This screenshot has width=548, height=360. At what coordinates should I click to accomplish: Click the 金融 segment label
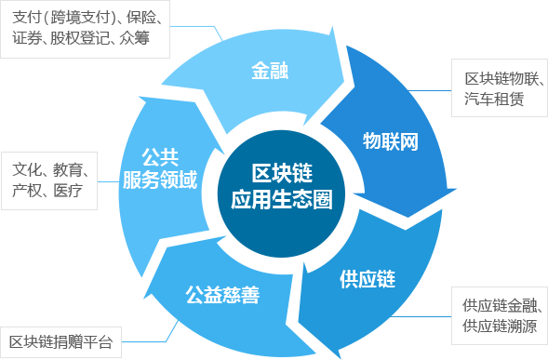point(271,71)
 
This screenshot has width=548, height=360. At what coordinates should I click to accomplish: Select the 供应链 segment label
point(368,278)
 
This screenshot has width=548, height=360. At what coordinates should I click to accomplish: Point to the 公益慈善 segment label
point(221,296)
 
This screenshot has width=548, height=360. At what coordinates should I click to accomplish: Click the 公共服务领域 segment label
point(160,168)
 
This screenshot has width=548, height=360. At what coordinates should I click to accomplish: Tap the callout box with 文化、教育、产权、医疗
point(49,180)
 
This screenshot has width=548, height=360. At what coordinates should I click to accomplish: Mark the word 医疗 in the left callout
point(67,192)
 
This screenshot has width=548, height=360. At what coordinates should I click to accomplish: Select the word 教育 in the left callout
point(68,170)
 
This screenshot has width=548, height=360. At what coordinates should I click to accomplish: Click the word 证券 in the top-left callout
point(27,39)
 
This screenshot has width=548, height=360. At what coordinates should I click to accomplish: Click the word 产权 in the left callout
point(26,192)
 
